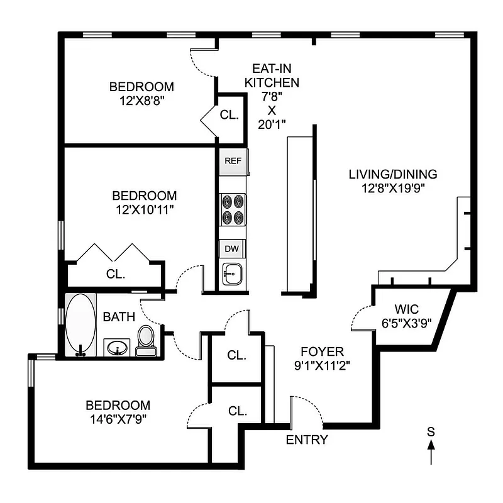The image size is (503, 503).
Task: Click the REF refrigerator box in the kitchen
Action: [x=233, y=161]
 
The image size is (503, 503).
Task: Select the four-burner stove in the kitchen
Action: [x=233, y=209]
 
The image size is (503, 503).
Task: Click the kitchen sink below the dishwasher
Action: [x=233, y=274]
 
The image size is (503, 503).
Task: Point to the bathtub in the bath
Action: [x=80, y=324]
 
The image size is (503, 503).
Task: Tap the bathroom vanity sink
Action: [x=117, y=346]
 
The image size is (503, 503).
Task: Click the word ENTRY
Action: [x=307, y=439]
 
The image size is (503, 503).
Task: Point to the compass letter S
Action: [x=431, y=431]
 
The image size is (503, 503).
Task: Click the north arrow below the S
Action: [x=431, y=452]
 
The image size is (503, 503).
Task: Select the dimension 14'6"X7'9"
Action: [x=118, y=418]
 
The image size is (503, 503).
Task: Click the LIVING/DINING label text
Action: [x=392, y=174]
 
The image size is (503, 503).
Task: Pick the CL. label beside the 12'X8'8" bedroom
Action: [x=229, y=115]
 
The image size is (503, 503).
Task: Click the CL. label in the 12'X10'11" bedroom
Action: [x=116, y=275]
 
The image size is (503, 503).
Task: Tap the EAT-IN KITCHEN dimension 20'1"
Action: [x=272, y=124]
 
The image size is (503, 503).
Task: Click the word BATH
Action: [x=119, y=316]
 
